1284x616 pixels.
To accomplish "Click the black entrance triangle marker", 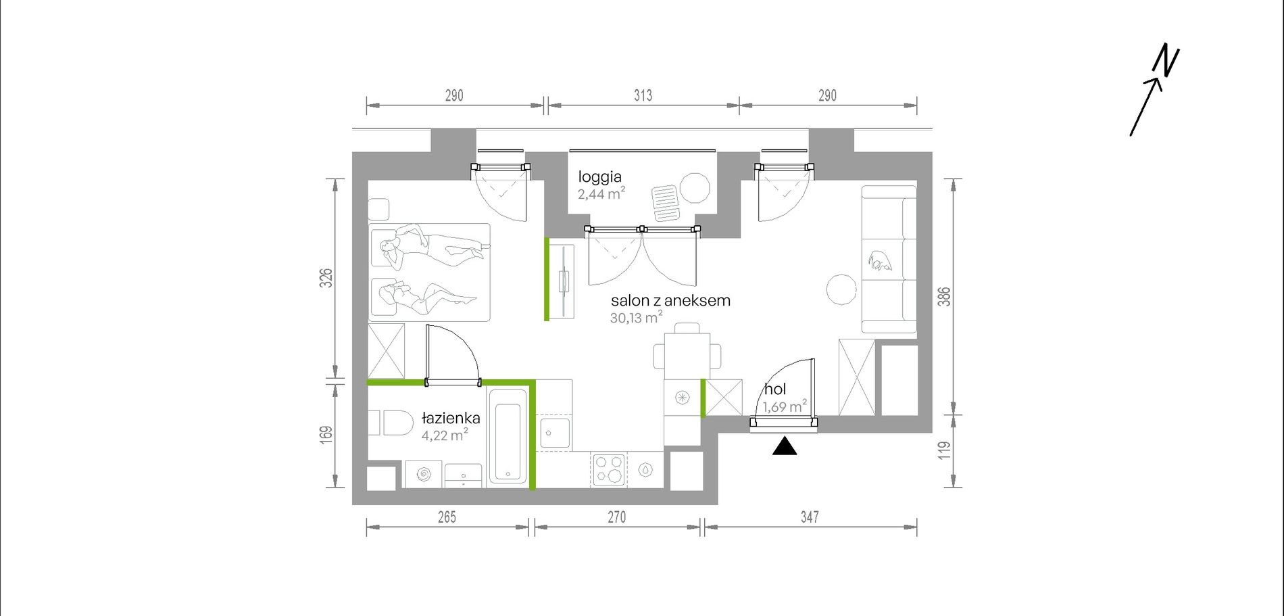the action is coord(785,446).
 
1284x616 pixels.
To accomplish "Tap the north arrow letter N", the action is coord(1166,60).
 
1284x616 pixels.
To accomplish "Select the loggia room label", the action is coord(599,177).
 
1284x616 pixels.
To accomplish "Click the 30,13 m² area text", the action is coord(636,317).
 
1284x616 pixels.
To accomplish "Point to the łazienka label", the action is coord(451,418).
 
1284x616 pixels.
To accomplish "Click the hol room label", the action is coord(775,389).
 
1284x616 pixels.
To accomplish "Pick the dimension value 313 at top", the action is coord(643,95).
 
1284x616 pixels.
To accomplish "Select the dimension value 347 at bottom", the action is coord(810,517).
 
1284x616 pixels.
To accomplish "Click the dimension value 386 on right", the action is coord(944,297).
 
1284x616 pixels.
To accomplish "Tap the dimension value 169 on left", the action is coord(326,435).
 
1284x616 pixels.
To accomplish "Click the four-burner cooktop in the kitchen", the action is coord(608,469).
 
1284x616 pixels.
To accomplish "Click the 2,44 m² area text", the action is coord(601,195).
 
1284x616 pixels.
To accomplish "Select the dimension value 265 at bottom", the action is coord(447,517).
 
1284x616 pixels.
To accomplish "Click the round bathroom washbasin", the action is coord(424,475).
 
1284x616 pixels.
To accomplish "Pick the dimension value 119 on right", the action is coord(944,450).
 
